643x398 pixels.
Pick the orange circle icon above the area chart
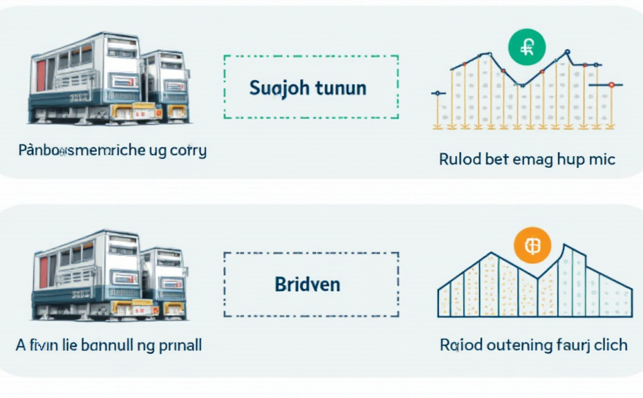532,246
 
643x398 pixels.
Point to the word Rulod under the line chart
460,159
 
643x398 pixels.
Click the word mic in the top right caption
601,159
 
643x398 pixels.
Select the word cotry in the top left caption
187,150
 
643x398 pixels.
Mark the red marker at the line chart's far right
611,84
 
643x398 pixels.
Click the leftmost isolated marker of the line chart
436,92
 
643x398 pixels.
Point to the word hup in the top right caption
571,160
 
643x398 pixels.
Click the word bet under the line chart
497,159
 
